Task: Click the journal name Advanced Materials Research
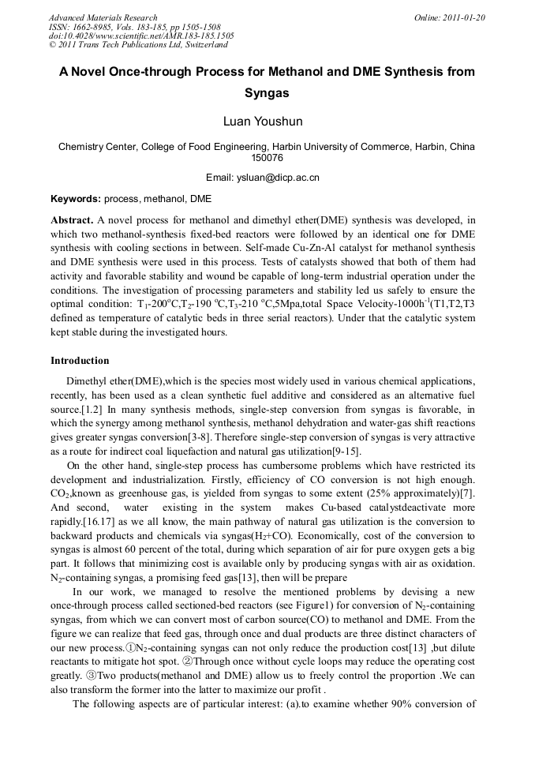tap(103, 17)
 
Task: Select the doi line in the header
tap(141, 36)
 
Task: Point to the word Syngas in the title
tap(267, 92)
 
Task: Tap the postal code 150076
tap(267, 158)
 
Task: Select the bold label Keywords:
tap(75, 199)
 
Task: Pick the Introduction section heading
tap(80, 361)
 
